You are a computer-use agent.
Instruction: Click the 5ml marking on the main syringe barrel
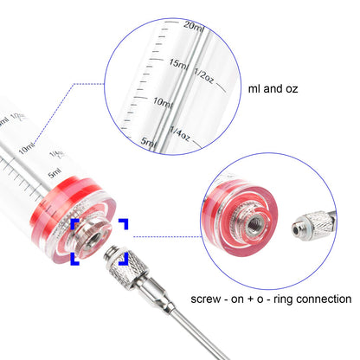point(55,172)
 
